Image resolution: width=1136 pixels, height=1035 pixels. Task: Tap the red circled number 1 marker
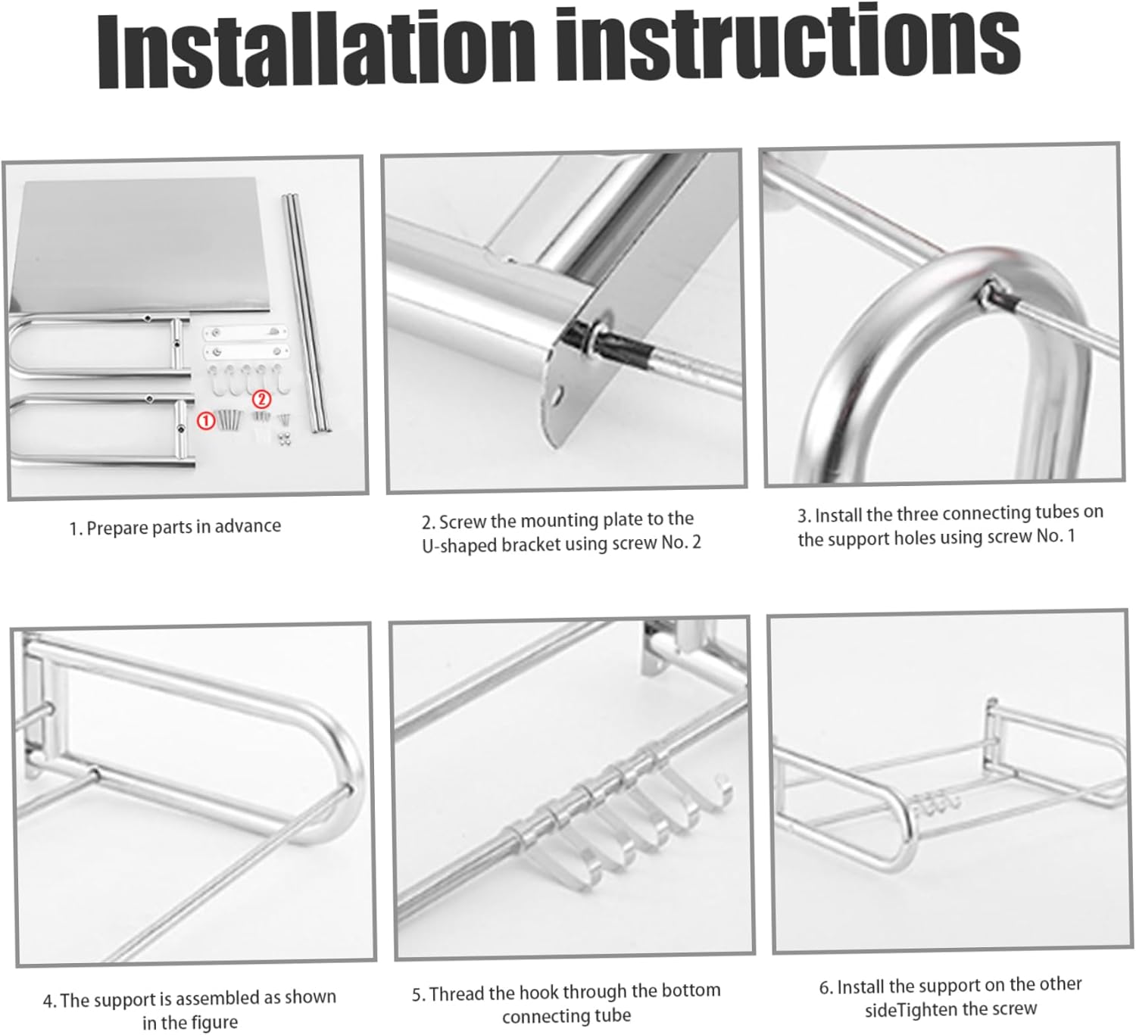point(206,420)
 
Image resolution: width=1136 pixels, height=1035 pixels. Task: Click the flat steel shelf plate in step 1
point(144,246)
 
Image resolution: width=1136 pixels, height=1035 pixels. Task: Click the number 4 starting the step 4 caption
point(48,1002)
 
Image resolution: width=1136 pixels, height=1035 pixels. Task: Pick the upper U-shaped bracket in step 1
point(98,344)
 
